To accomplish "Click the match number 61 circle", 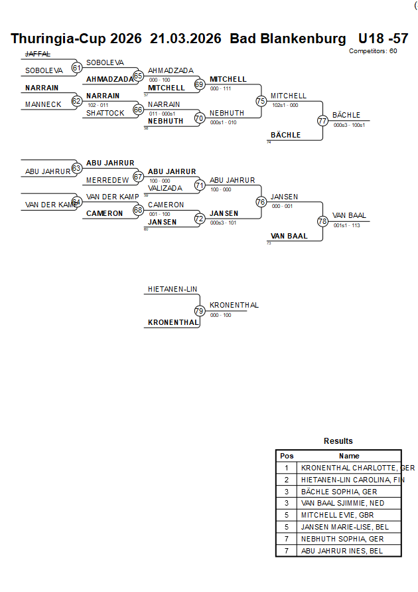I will click(x=77, y=67).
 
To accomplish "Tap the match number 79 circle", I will click(x=200, y=310).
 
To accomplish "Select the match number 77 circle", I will click(x=322, y=120).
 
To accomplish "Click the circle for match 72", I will click(x=200, y=218).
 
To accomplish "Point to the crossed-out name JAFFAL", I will click(x=37, y=54).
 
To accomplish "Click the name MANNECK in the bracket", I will click(x=43, y=104).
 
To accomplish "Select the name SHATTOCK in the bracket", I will click(x=105, y=113).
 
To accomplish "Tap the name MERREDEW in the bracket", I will click(x=107, y=180).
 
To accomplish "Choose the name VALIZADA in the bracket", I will click(x=165, y=188).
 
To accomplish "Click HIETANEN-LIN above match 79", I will click(x=173, y=290).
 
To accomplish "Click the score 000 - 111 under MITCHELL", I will click(x=220, y=88).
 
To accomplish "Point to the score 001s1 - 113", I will click(x=346, y=225).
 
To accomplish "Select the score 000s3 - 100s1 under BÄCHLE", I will click(x=349, y=125).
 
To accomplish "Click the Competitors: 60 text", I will click(x=373, y=50).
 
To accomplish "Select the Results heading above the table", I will click(x=338, y=441).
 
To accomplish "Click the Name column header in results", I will click(x=349, y=456).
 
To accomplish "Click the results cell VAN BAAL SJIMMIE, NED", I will click(x=342, y=504).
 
